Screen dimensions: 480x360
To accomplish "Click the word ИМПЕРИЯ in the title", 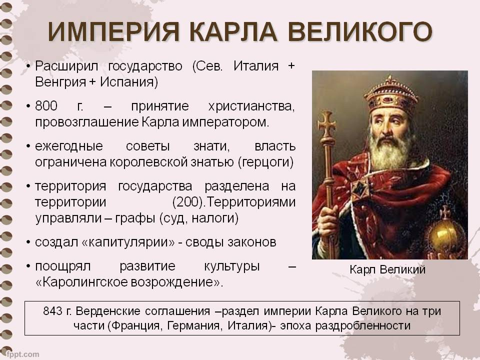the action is [x=113, y=31].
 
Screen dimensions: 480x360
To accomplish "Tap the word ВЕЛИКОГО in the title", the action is [x=360, y=31].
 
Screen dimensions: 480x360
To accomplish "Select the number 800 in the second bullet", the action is [x=46, y=106].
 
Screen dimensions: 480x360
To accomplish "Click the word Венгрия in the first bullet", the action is [x=60, y=82].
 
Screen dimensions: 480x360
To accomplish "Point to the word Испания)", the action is [x=129, y=82].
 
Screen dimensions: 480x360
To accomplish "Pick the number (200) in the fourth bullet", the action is [x=188, y=202].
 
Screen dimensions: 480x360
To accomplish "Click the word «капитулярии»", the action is [x=128, y=242].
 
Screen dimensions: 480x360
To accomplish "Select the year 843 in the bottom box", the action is [x=52, y=311].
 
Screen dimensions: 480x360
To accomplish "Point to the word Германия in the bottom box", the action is [x=193, y=325].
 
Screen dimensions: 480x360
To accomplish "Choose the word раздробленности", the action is [x=363, y=325].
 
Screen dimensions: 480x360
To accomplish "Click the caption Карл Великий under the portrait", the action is [x=387, y=269].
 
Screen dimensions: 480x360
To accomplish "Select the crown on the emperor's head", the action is [x=391, y=95].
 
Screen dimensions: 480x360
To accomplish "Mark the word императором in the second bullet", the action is [x=225, y=122].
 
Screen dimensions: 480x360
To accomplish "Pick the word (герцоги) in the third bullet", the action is [x=265, y=162].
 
